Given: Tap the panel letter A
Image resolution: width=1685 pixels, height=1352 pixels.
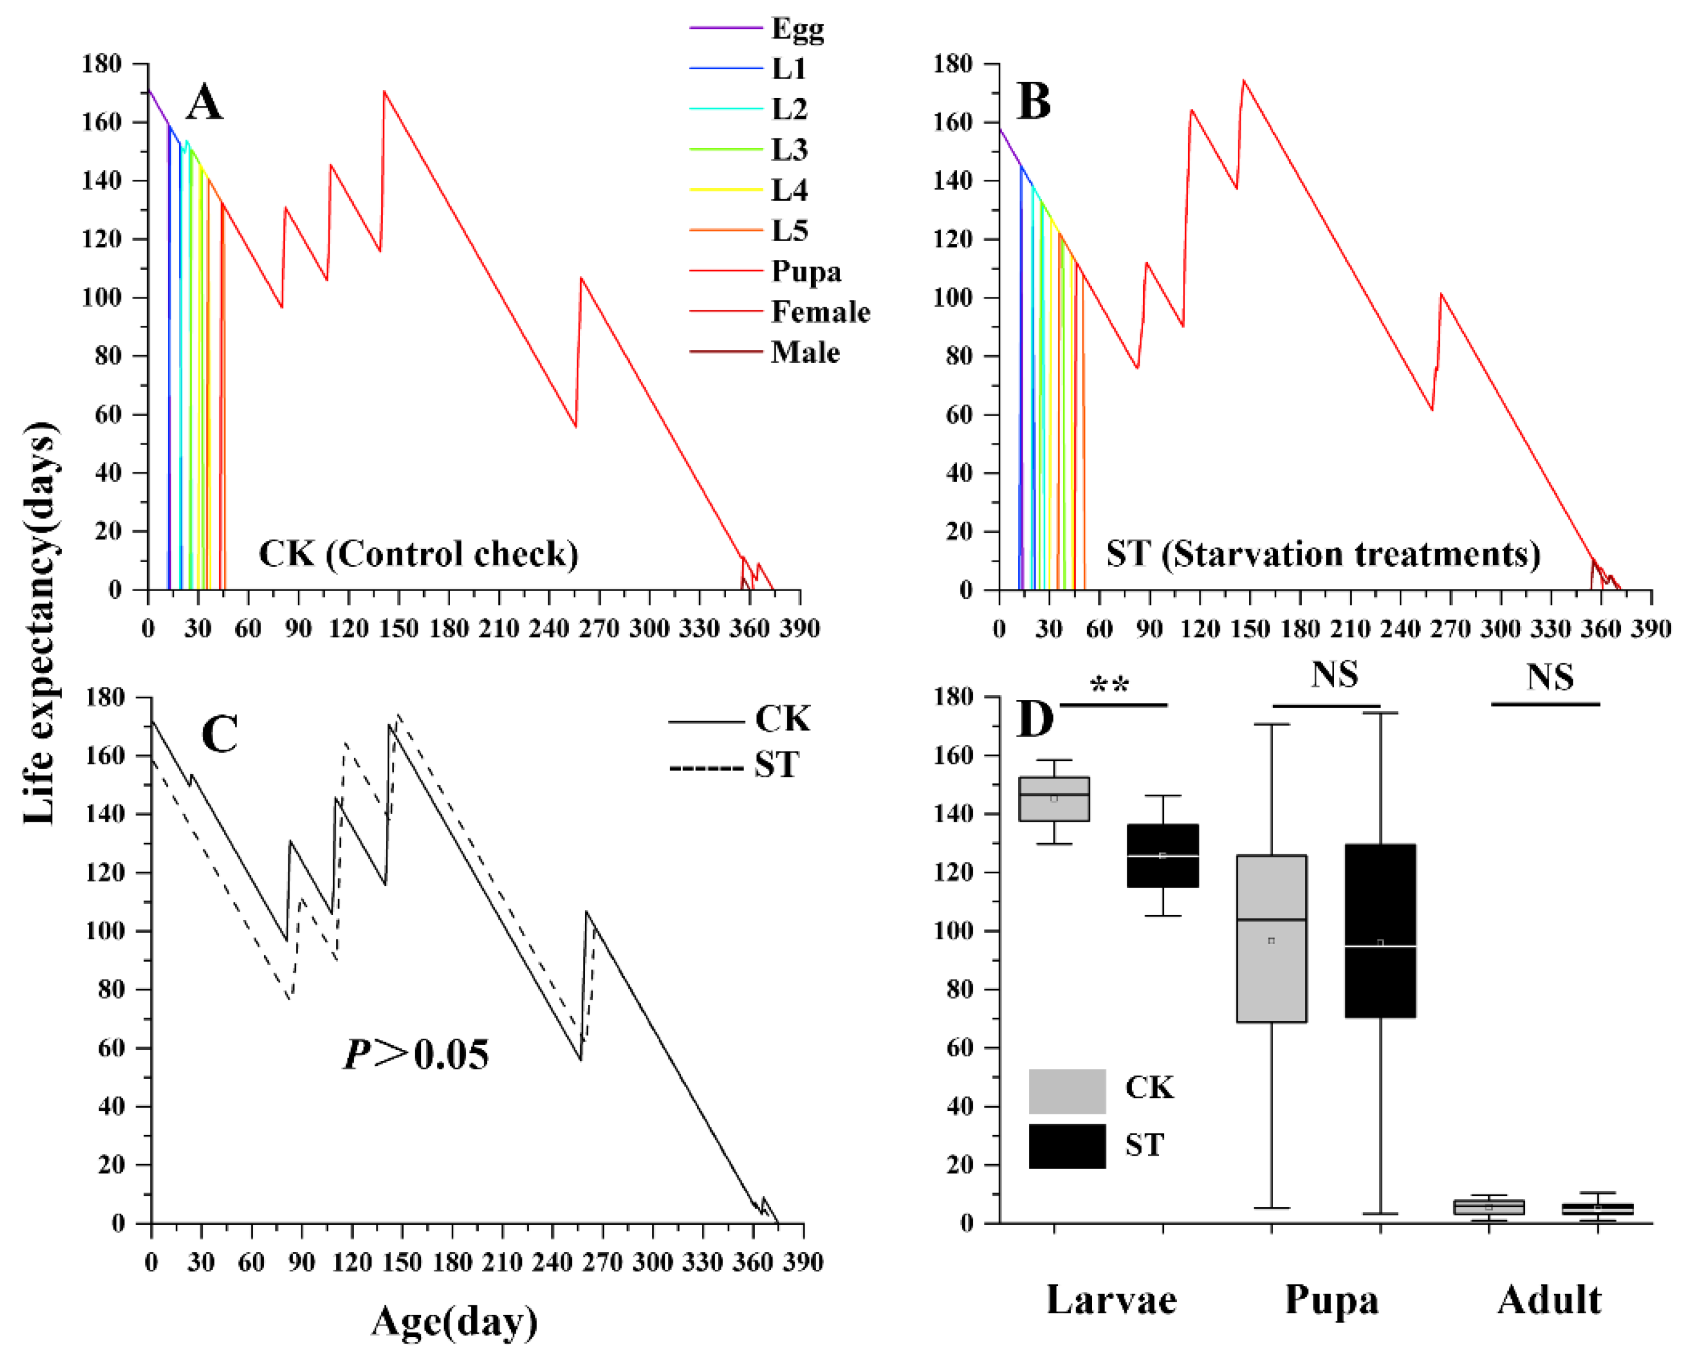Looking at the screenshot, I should click(x=205, y=102).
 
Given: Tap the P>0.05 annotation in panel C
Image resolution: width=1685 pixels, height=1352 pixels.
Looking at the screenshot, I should click(x=417, y=1055).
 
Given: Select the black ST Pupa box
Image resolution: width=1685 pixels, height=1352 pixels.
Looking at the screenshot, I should click(x=1380, y=930).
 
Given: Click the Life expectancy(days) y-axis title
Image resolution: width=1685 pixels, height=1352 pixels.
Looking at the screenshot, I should click(x=39, y=623).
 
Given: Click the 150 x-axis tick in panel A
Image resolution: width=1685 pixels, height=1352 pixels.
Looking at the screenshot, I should click(x=399, y=628).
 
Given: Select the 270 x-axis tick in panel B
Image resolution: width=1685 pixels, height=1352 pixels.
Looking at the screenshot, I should click(x=1450, y=628).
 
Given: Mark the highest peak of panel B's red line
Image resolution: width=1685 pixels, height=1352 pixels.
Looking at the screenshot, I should click(x=1244, y=80).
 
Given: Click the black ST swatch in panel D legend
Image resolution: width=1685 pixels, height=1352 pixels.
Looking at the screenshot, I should click(x=1067, y=1146).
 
